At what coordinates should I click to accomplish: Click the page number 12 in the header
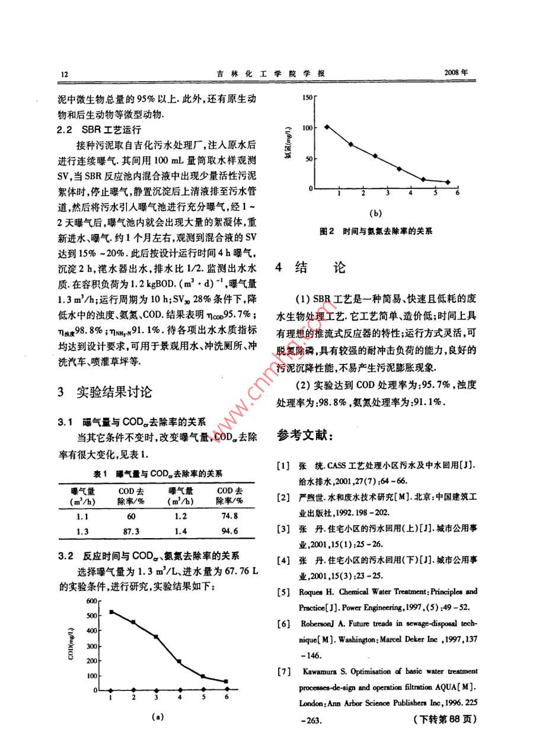64,74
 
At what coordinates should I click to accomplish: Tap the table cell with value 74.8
229,516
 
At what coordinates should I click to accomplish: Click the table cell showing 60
131,516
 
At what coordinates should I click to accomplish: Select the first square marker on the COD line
111,611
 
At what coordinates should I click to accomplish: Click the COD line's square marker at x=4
179,661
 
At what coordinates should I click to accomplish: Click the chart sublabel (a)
157,716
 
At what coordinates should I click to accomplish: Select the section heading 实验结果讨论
114,392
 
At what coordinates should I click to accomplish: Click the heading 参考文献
306,436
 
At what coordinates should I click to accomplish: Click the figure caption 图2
327,231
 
